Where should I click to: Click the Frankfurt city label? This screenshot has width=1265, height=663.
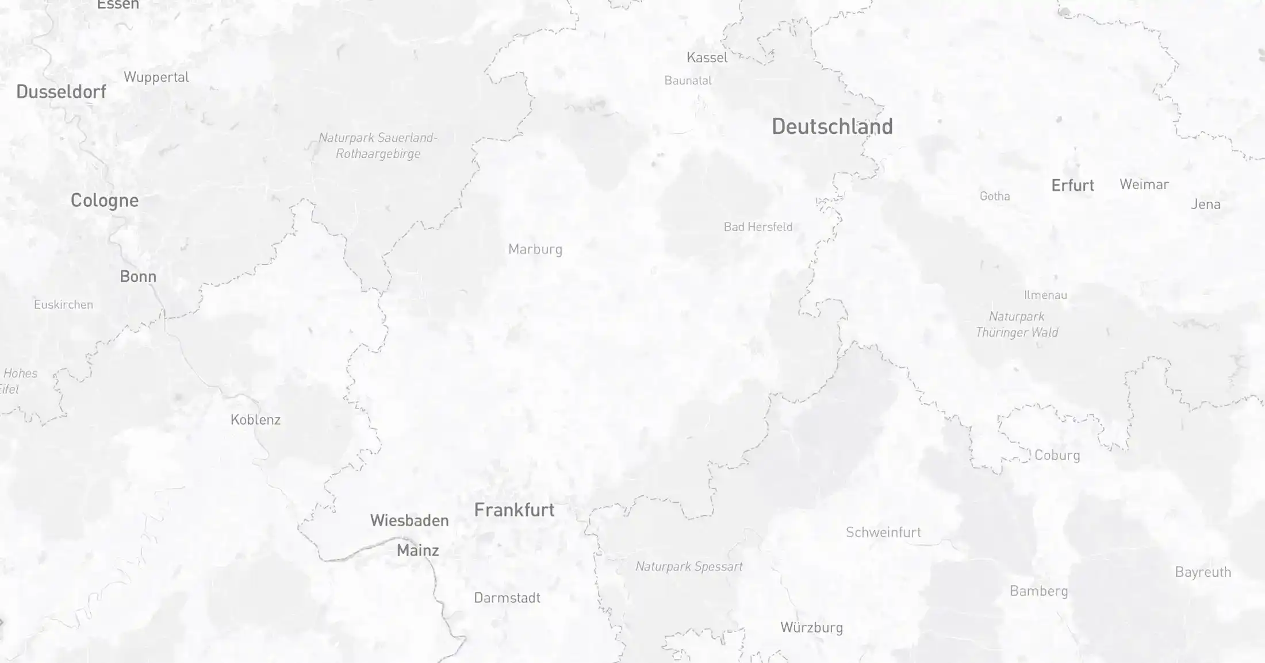point(514,510)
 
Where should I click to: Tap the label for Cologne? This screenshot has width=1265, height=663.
point(104,200)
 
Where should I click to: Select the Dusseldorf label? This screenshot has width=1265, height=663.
point(61,91)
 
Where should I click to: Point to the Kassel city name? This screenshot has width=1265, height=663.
point(707,57)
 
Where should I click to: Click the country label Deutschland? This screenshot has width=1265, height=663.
point(832,126)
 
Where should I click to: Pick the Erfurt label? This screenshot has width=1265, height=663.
point(1072,185)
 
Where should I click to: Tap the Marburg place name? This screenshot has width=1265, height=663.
point(535,249)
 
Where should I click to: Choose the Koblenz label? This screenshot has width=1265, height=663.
point(255,419)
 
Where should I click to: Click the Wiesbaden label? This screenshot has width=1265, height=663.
point(409,521)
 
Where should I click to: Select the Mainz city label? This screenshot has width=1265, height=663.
point(417,550)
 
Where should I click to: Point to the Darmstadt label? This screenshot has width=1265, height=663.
point(507,598)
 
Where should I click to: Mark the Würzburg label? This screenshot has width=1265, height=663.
point(811,627)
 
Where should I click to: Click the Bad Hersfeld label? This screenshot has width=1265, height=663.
point(758,227)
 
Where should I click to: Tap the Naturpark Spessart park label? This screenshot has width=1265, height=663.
point(688,566)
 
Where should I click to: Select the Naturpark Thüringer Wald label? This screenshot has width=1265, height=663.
point(1017,324)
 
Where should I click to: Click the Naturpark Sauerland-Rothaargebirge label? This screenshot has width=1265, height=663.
point(378,146)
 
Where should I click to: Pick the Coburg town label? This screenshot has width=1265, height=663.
point(1057,455)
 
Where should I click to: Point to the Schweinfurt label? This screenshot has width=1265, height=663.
point(883,532)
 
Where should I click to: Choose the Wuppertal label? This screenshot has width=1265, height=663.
point(156,77)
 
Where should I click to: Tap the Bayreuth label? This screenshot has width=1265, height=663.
point(1203,572)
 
